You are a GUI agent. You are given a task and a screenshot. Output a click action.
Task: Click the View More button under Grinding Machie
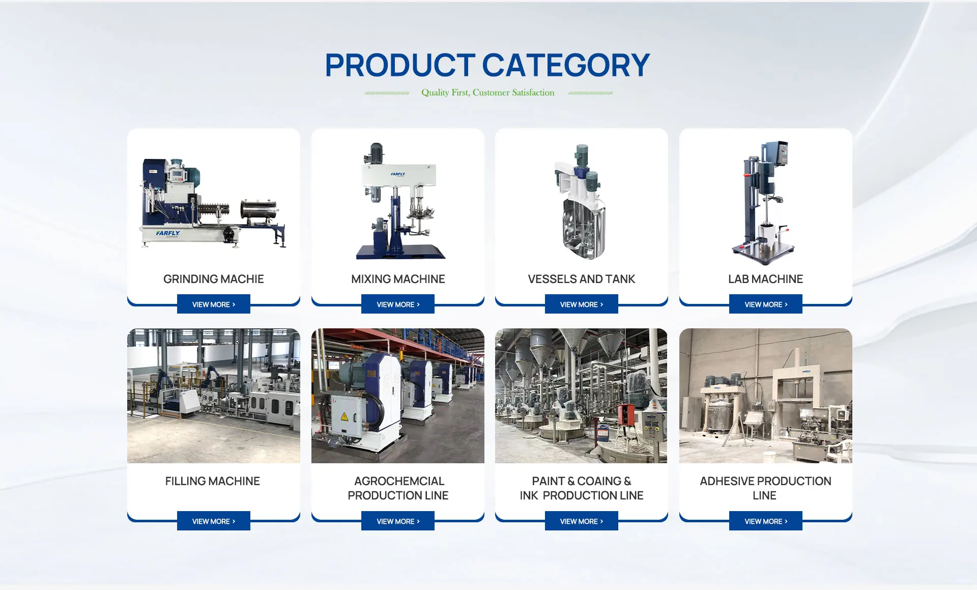pyautogui.click(x=214, y=304)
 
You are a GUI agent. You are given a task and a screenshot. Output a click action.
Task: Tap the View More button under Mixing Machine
pyautogui.click(x=398, y=304)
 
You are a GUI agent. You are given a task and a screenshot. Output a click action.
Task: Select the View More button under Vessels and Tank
pyautogui.click(x=582, y=304)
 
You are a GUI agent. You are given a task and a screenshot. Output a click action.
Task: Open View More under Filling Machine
pyautogui.click(x=214, y=521)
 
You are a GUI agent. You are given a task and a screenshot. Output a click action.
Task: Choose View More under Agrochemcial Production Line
pyautogui.click(x=398, y=521)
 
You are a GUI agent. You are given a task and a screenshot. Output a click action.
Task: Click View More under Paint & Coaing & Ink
pyautogui.click(x=582, y=521)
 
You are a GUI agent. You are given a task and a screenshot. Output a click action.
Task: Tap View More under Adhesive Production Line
pyautogui.click(x=766, y=521)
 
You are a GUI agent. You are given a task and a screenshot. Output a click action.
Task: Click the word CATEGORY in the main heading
pyautogui.click(x=566, y=65)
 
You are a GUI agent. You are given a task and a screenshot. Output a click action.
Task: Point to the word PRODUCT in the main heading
pyautogui.click(x=400, y=65)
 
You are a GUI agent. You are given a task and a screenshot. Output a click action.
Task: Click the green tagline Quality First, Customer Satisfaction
pyautogui.click(x=488, y=92)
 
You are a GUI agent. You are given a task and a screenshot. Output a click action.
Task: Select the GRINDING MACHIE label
pyautogui.click(x=214, y=279)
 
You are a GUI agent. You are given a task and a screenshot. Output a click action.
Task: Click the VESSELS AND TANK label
pyautogui.click(x=582, y=279)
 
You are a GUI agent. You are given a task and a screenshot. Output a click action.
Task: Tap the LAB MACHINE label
pyautogui.click(x=765, y=279)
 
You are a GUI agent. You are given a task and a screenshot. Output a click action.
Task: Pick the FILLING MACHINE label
pyautogui.click(x=213, y=481)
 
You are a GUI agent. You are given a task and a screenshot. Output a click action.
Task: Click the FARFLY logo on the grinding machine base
pyautogui.click(x=168, y=233)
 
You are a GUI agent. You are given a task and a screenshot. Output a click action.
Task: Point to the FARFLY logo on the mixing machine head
pyautogui.click(x=398, y=174)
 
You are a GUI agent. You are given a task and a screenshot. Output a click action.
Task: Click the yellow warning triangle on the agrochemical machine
pyautogui.click(x=344, y=417)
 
